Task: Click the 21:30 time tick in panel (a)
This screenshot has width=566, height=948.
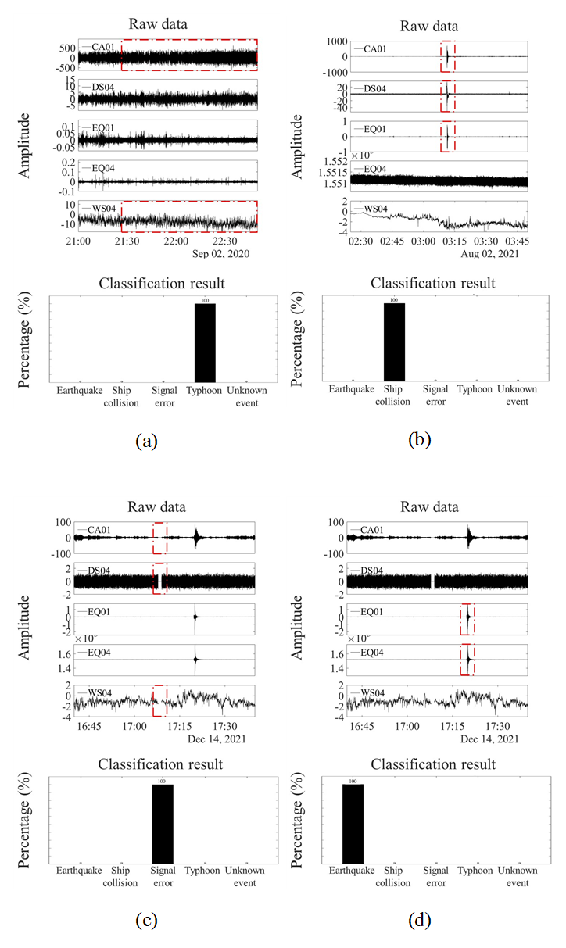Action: [x=127, y=242]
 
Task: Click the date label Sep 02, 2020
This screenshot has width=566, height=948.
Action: [x=224, y=254]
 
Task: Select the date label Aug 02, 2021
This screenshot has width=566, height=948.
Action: [x=496, y=254]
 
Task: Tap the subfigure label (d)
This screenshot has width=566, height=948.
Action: [x=421, y=920]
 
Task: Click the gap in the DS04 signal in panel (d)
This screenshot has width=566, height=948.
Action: [x=432, y=581]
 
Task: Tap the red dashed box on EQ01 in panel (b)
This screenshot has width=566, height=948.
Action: [x=447, y=137]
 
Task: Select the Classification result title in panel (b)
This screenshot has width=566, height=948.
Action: [x=432, y=282]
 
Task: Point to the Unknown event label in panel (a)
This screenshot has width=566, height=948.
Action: [x=246, y=395]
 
